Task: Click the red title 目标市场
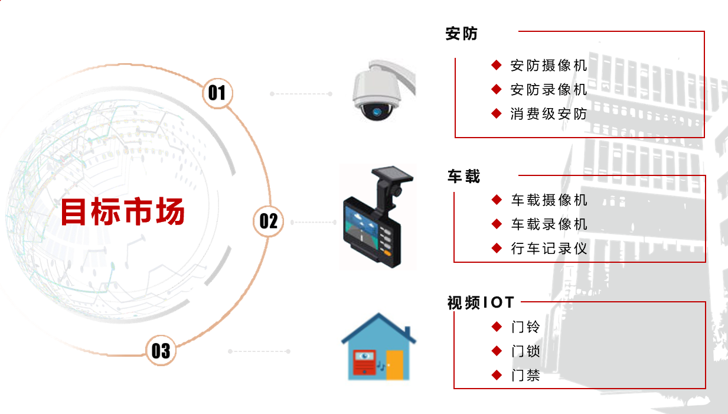(123, 211)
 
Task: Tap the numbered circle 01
(217, 93)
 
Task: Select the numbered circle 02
(268, 221)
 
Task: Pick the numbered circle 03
(161, 351)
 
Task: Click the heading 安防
(462, 34)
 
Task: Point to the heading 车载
(463, 177)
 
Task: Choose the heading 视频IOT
(481, 302)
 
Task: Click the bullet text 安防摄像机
(549, 66)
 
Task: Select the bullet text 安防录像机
(549, 90)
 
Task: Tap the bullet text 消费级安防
(549, 114)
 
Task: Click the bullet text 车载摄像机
(549, 200)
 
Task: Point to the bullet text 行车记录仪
(549, 249)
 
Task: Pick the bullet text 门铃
(525, 327)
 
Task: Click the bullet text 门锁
(525, 351)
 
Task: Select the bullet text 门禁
(525, 376)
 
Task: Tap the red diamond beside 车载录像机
(497, 224)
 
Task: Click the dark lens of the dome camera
(377, 112)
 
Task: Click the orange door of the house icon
(394, 365)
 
